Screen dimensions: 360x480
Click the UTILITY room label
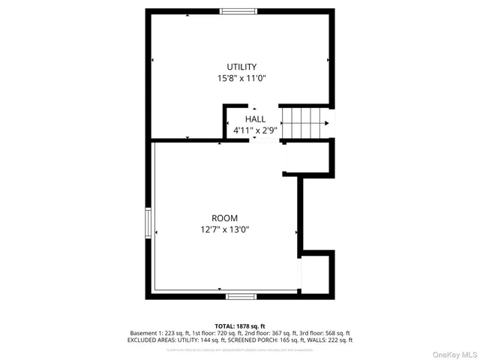(241, 67)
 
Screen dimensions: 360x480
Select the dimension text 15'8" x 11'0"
(241, 77)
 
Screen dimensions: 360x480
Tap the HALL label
(255, 118)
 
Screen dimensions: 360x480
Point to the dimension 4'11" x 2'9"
(255, 130)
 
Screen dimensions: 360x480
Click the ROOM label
(224, 218)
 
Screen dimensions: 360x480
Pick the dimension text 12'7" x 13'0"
(224, 229)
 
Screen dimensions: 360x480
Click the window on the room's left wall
(148, 223)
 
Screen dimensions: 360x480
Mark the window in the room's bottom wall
(241, 297)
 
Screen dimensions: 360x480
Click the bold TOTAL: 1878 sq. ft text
(240, 326)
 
